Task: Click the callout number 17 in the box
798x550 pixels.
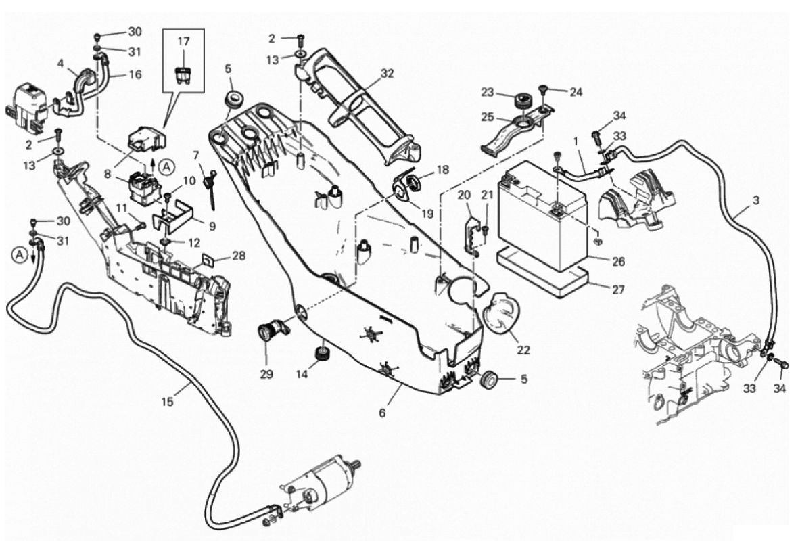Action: pos(184,42)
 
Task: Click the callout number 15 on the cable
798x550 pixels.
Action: pos(168,401)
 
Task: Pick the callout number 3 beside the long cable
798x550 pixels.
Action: pos(755,201)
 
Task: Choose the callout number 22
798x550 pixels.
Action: pos(523,350)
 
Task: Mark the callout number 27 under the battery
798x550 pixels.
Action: pos(618,289)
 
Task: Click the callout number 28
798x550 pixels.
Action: pos(238,256)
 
